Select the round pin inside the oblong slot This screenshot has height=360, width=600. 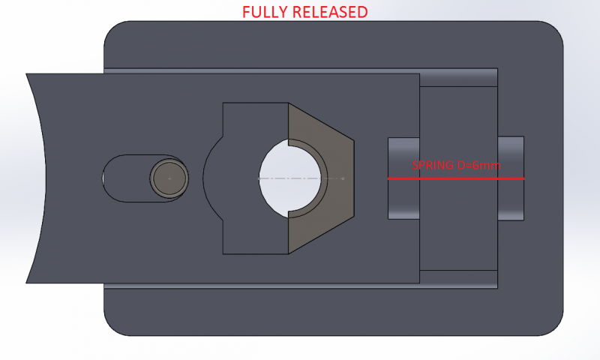[169, 178]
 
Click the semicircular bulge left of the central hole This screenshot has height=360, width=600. [213, 178]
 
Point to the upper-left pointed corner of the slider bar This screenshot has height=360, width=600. [28, 75]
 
